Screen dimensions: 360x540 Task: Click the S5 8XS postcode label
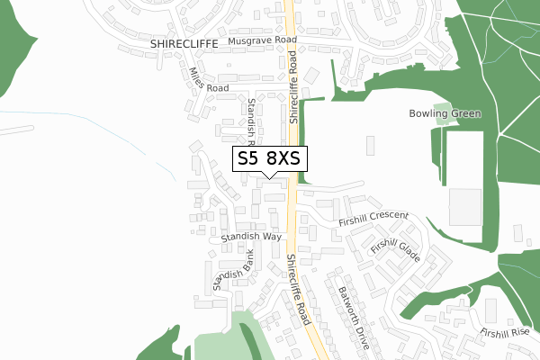point(270,158)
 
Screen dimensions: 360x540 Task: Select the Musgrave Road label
point(262,41)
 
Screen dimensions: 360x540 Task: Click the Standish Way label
point(252,237)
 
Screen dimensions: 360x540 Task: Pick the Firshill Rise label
point(505,333)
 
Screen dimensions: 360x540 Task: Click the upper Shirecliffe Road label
point(293,86)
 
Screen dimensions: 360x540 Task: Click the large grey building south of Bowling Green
point(465,208)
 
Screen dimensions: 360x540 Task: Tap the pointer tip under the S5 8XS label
point(270,176)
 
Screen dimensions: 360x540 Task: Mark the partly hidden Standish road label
point(253,122)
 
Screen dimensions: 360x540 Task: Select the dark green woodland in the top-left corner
point(13,54)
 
